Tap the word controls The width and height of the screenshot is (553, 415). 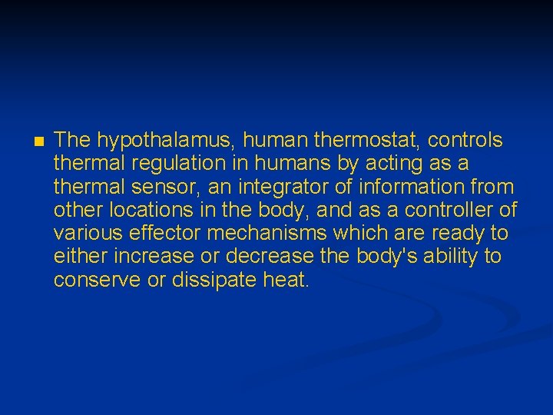[465, 141]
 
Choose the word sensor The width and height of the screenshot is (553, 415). [161, 187]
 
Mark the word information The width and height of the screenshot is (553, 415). [412, 187]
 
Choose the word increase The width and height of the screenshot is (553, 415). [141, 256]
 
